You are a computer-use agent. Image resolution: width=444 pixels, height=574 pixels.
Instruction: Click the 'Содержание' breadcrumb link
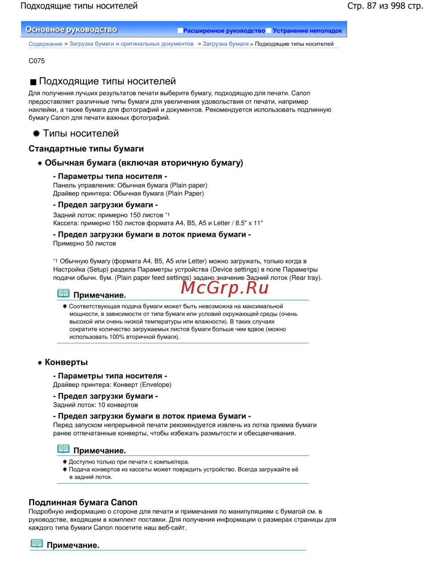point(45,44)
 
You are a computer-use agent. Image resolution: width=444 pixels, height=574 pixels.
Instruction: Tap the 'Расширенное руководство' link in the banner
point(224,31)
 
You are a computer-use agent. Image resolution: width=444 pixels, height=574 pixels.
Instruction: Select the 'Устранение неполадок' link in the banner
point(307,31)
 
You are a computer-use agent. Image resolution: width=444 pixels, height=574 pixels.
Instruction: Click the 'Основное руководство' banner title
point(71,30)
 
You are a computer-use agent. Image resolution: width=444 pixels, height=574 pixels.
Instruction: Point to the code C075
point(36,61)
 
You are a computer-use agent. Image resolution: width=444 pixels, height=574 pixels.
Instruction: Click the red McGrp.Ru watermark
point(225,288)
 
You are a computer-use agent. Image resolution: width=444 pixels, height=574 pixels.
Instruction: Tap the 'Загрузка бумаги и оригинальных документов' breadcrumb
point(131,44)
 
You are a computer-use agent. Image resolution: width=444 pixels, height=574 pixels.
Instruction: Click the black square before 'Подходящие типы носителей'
point(33,82)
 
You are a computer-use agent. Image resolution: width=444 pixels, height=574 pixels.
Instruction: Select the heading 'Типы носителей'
point(81,134)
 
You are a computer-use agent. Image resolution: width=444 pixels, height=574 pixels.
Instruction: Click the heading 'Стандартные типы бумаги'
point(86,149)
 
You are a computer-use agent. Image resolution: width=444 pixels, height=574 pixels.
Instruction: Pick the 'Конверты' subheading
point(66,362)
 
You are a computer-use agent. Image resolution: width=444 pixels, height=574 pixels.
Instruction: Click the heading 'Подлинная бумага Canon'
point(83,502)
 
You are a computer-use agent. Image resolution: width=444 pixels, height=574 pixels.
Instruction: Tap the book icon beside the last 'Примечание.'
point(37,543)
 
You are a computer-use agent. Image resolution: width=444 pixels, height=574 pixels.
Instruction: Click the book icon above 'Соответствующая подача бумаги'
point(63,293)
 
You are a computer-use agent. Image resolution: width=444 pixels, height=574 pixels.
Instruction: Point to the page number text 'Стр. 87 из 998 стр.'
point(385,6)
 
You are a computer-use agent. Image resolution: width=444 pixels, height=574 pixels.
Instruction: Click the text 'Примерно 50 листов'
point(84,244)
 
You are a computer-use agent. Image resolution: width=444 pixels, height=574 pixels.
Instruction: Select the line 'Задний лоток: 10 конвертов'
point(95,405)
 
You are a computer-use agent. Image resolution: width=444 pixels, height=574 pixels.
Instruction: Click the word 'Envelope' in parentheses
point(156,385)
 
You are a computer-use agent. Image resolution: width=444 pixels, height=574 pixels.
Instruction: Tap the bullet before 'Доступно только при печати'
point(65,462)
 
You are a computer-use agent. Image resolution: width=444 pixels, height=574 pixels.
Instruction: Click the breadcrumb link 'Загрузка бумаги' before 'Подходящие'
point(226,44)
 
